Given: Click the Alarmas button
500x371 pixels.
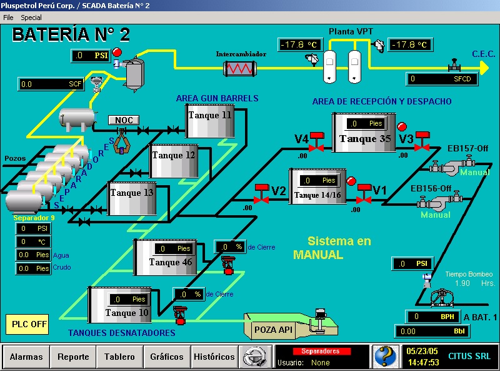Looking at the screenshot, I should [x=26, y=357].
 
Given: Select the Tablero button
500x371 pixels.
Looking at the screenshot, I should [x=119, y=357].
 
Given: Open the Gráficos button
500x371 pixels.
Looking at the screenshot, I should [x=167, y=357].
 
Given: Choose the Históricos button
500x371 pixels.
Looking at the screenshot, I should [x=214, y=357].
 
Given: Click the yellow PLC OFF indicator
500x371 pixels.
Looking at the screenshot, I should [x=30, y=324].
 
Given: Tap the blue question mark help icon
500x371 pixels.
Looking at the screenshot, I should [x=386, y=357].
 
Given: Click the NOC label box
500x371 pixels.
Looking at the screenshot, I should [x=123, y=120].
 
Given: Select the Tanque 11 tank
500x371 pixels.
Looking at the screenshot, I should [x=210, y=121].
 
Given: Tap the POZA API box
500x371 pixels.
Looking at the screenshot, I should [x=273, y=328].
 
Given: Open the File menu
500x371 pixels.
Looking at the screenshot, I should [x=8, y=18].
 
